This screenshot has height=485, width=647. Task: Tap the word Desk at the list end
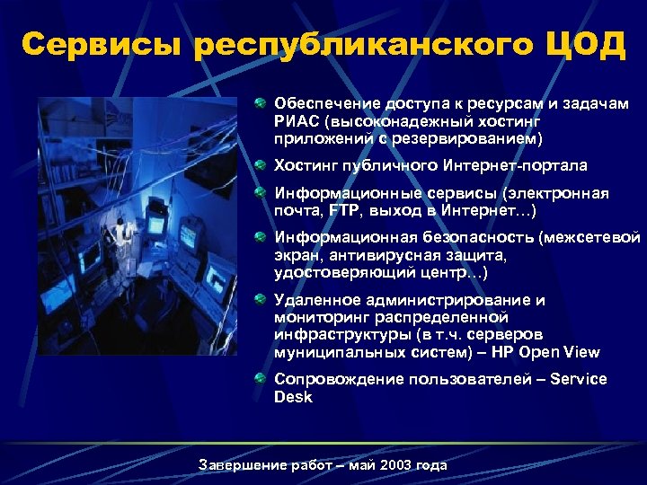(x=293, y=396)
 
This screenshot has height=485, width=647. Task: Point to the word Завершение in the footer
(x=241, y=465)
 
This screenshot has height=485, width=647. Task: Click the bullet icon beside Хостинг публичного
(x=260, y=164)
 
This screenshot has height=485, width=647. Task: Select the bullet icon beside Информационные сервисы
(x=260, y=191)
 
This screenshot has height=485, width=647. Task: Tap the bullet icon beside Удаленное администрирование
(x=260, y=299)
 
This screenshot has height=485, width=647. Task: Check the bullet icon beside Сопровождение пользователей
(x=260, y=378)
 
